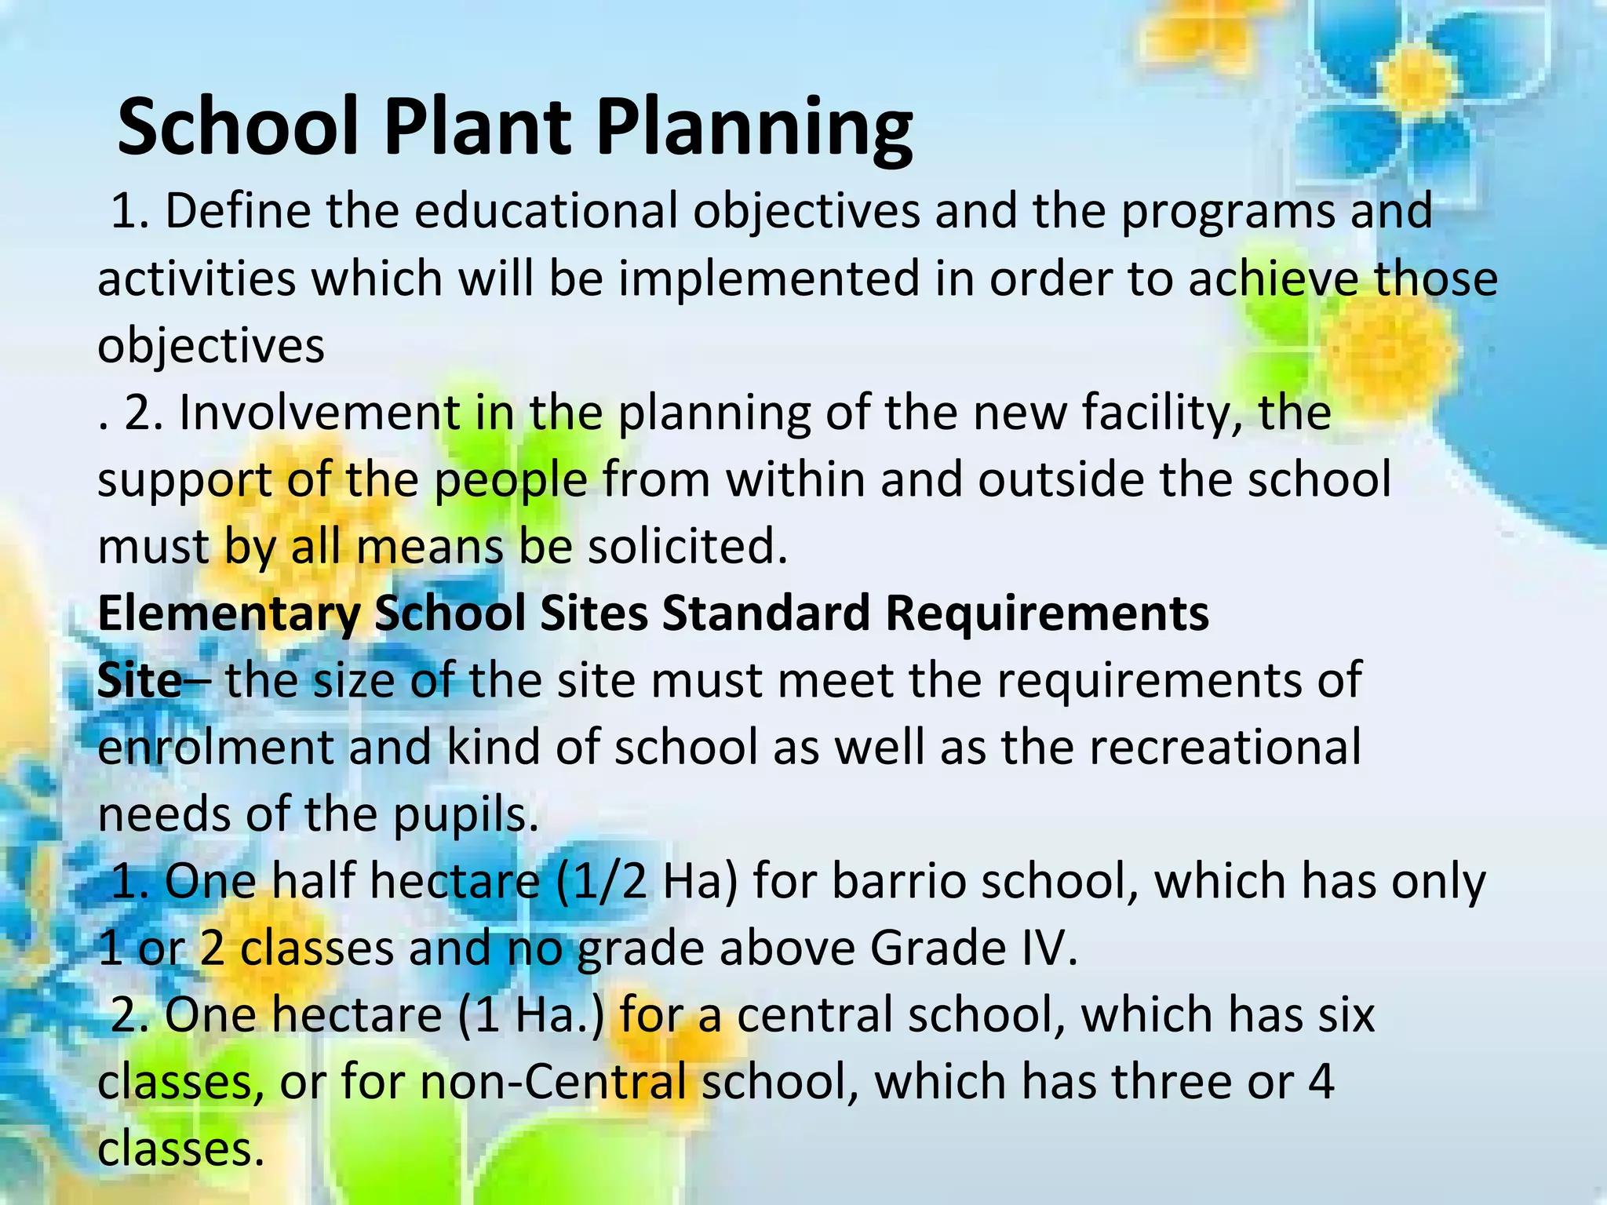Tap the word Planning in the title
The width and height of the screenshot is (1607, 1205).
tap(754, 128)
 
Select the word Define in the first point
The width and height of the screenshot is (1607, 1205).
tap(238, 211)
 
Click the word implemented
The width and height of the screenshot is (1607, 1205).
tap(768, 278)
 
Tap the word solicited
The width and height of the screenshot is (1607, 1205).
tap(687, 547)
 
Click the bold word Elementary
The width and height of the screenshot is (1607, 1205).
tap(228, 613)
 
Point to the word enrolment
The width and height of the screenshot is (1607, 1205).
tap(216, 748)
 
